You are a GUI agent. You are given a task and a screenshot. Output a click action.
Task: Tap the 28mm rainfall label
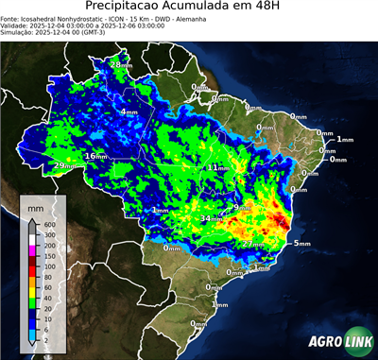[121, 64]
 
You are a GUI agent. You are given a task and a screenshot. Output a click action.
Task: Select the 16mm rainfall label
[96, 156]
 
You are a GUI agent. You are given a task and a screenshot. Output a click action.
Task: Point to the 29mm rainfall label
[62, 166]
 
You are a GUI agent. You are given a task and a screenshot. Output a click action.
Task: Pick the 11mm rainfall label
[218, 167]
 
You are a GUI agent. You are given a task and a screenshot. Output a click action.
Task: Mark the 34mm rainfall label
[211, 218]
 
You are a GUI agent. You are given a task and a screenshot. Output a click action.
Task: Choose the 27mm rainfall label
[252, 244]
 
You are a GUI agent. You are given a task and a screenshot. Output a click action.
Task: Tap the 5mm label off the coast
[302, 244]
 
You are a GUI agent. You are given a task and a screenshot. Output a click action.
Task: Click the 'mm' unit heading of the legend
[35, 205]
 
